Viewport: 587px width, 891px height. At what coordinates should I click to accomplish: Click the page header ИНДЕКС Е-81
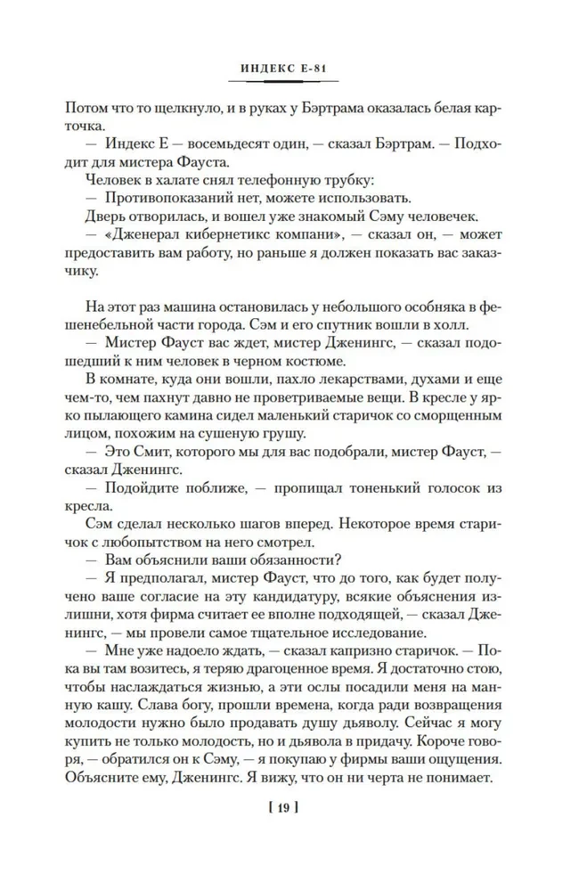point(292,68)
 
